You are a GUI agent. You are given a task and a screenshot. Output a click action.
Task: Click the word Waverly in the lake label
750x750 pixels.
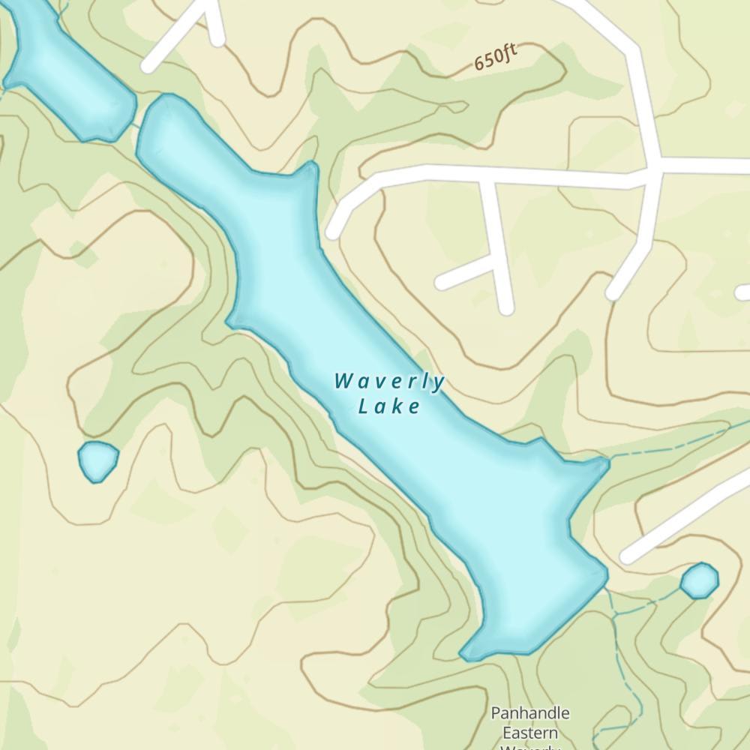tap(389, 382)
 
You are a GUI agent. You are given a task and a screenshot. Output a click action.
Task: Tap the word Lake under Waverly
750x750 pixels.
tap(389, 407)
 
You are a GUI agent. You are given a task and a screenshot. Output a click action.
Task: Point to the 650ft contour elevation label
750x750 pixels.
tap(496, 58)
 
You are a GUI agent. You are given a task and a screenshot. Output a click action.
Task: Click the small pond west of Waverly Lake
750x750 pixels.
tap(98, 460)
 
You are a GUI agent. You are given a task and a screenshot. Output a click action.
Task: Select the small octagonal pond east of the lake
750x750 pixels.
tap(699, 580)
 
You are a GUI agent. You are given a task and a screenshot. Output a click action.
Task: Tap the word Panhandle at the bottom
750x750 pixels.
tap(530, 712)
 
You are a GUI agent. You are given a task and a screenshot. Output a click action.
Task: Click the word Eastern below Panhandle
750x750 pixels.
tap(530, 732)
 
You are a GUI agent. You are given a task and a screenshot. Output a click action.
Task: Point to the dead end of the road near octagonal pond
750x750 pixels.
tap(627, 557)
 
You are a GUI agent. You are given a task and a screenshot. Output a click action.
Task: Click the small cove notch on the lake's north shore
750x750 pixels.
tap(309, 171)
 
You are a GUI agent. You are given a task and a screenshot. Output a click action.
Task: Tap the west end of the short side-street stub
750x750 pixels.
tap(442, 283)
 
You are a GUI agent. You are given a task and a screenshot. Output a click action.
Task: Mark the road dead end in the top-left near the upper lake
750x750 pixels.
tap(150, 67)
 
